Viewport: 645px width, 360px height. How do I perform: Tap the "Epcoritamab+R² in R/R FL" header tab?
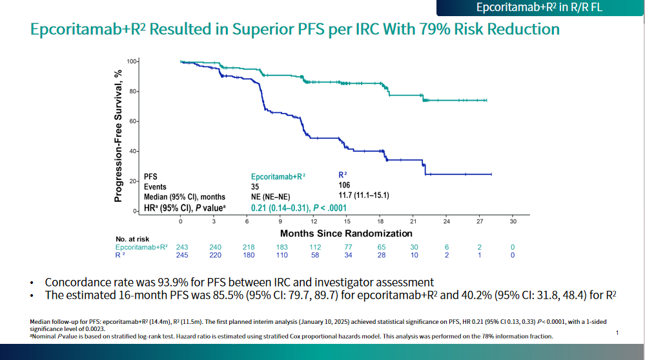(540, 8)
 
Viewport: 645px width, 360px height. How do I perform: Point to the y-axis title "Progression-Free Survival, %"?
(119, 136)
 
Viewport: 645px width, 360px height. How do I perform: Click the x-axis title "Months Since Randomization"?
(346, 233)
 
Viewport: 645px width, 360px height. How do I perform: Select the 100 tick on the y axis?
(132, 61)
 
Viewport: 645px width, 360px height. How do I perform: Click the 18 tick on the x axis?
(380, 221)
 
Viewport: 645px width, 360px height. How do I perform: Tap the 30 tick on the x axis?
(513, 221)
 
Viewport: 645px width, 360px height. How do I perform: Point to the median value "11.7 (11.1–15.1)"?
(363, 195)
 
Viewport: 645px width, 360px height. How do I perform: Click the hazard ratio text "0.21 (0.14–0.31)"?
(279, 207)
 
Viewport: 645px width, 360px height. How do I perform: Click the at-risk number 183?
(282, 247)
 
